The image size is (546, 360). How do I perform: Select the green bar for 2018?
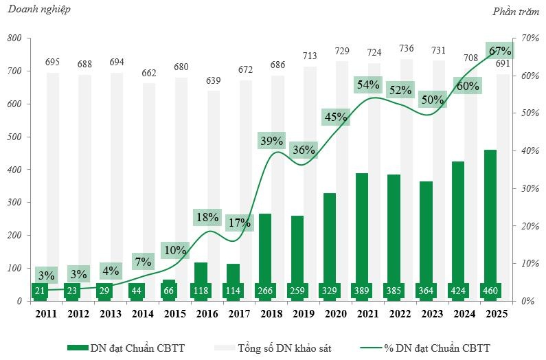point(264,247)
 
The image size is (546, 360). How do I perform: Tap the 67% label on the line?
point(499,52)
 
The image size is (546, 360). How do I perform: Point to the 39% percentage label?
point(272,141)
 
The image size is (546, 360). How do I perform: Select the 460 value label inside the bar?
point(491,291)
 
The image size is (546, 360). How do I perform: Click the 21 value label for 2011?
point(40,291)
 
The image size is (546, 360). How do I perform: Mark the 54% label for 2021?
point(368,85)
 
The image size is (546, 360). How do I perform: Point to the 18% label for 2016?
point(207,217)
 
